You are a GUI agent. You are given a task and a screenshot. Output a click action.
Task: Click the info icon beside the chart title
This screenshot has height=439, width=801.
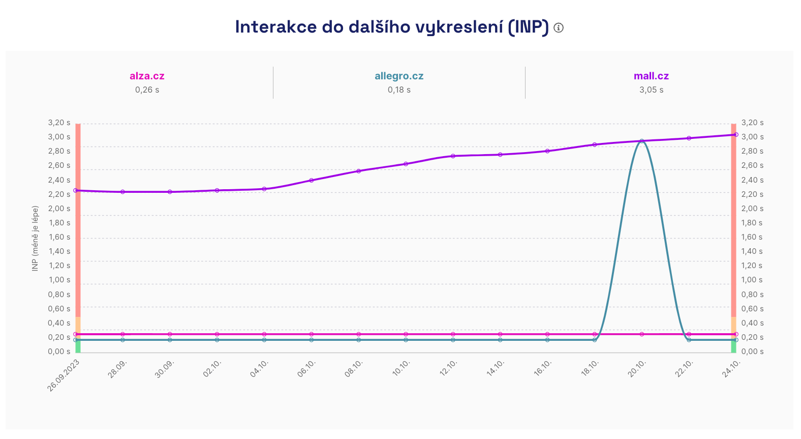coord(559,28)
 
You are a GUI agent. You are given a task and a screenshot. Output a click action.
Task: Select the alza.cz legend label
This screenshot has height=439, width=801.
coord(147,76)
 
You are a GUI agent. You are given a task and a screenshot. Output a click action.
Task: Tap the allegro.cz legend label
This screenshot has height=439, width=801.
coord(399,76)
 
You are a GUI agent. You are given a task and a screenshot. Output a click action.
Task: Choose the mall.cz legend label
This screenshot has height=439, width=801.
coord(651,76)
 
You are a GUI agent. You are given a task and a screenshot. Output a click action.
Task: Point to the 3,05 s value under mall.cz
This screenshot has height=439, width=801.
coord(651,90)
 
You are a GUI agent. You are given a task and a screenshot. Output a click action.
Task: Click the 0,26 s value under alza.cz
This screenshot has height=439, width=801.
coord(147,90)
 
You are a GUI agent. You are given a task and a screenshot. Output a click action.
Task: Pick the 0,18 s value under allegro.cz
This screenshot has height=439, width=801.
coord(399,90)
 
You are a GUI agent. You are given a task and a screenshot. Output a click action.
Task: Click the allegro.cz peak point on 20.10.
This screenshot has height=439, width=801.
coord(642,141)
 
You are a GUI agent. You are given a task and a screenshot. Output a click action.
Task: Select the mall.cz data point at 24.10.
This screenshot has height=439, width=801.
coord(736,135)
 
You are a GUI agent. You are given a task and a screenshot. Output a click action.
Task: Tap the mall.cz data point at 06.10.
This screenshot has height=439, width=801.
coord(312,180)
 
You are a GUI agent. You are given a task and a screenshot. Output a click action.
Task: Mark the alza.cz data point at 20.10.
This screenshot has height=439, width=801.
coord(642,334)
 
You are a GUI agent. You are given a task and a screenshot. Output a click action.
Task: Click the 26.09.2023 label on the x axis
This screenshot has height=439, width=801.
coord(64,375)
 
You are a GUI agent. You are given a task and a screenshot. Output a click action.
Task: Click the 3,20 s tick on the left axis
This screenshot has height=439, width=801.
coord(59,123)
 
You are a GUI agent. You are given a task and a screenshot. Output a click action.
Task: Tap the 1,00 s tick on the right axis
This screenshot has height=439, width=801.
coord(752,280)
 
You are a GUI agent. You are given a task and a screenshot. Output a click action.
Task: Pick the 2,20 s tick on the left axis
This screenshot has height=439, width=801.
coord(59,194)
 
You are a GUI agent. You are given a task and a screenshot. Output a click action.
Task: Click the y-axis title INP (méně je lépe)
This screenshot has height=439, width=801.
coord(35,238)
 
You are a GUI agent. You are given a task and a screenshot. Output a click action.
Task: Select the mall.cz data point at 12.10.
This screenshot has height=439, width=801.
coord(453,156)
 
